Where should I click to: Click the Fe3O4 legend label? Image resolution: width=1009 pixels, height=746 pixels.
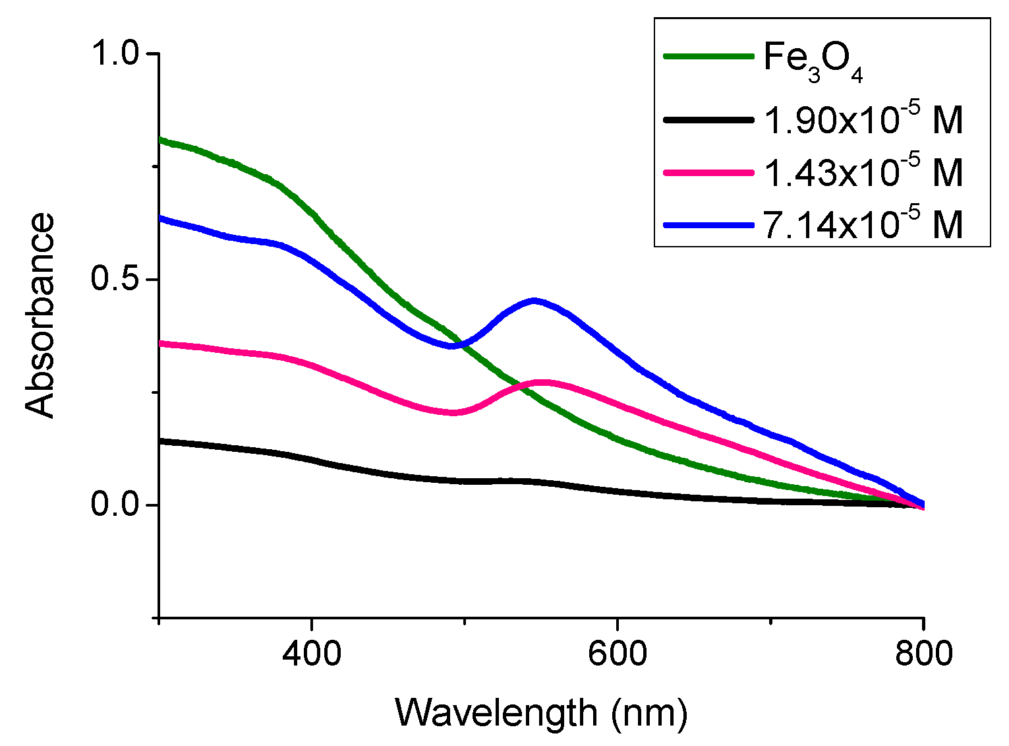pyautogui.click(x=813, y=59)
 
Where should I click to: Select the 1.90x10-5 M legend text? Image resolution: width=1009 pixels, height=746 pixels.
pyautogui.click(x=863, y=120)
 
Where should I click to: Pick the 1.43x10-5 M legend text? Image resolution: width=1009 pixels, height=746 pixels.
pyautogui.click(x=863, y=172)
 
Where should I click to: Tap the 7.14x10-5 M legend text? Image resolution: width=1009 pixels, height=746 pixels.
pyautogui.click(x=863, y=224)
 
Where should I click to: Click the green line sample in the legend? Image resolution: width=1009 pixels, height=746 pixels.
pyautogui.click(x=708, y=57)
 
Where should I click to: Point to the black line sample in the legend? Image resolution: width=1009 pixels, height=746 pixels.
pyautogui.click(x=708, y=119)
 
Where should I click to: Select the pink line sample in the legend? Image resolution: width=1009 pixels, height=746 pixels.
pyautogui.click(x=708, y=172)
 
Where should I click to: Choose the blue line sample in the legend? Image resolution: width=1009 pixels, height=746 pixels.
pyautogui.click(x=708, y=224)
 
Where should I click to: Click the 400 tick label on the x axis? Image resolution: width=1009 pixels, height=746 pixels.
pyautogui.click(x=311, y=654)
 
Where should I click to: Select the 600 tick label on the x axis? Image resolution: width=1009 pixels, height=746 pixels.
pyautogui.click(x=617, y=654)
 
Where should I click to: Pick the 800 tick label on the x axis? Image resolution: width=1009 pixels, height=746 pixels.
pyautogui.click(x=923, y=654)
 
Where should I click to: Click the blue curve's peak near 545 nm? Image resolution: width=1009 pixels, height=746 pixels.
pyautogui.click(x=534, y=301)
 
